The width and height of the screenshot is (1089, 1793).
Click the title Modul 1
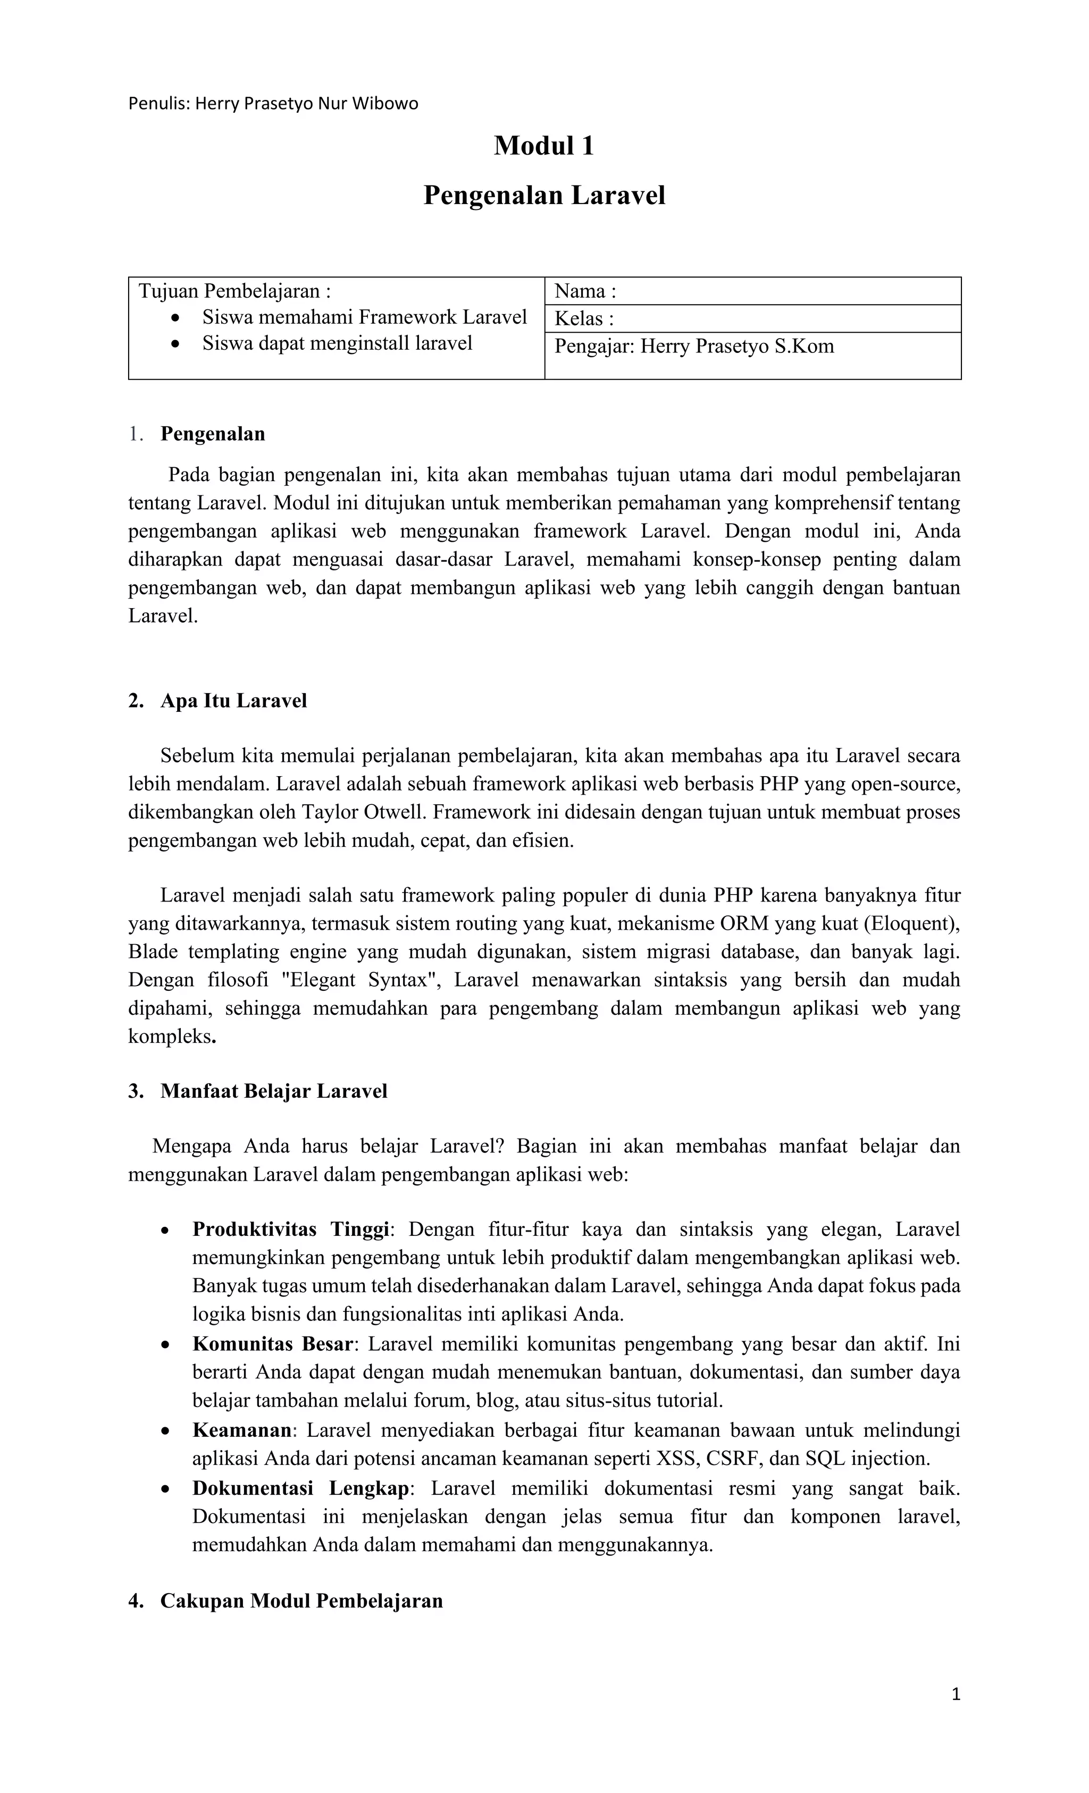pyautogui.click(x=544, y=146)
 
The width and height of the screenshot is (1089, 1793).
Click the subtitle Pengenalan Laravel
pyautogui.click(x=544, y=196)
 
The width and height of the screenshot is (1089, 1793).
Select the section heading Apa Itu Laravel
pyautogui.click(x=233, y=701)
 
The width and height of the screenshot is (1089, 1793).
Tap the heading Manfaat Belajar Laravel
pyautogui.click(x=274, y=1091)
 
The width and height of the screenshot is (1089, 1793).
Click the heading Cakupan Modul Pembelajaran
pyautogui.click(x=301, y=1602)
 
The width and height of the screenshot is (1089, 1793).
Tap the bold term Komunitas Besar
pyautogui.click(x=273, y=1343)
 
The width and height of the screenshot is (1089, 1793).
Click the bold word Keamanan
pyautogui.click(x=242, y=1430)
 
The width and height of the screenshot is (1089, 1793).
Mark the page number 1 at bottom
pyautogui.click(x=956, y=1696)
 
